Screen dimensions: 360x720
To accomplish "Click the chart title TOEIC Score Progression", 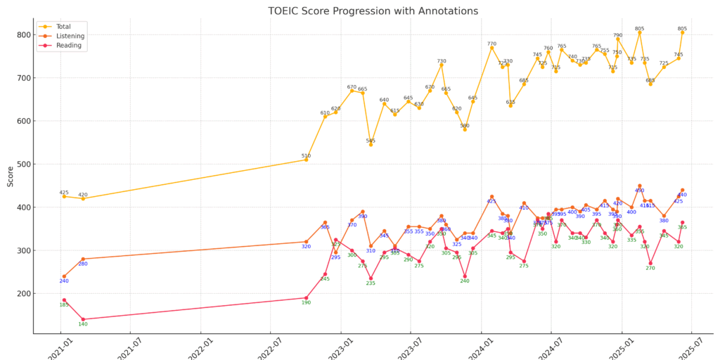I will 373,11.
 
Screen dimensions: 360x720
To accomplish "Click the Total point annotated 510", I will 306,160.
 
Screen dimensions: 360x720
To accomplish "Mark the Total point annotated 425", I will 64,196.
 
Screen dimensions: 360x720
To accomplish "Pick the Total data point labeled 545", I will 371,145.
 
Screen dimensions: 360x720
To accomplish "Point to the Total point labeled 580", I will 465,129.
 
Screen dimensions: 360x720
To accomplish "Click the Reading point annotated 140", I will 83,319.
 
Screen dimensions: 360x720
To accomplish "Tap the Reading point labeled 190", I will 306,298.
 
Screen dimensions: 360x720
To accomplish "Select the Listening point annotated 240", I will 64,276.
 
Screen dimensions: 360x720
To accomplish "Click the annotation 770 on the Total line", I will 491,44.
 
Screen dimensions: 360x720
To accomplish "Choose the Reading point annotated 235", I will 371,278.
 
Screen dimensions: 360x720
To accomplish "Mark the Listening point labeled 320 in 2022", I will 306,242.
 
